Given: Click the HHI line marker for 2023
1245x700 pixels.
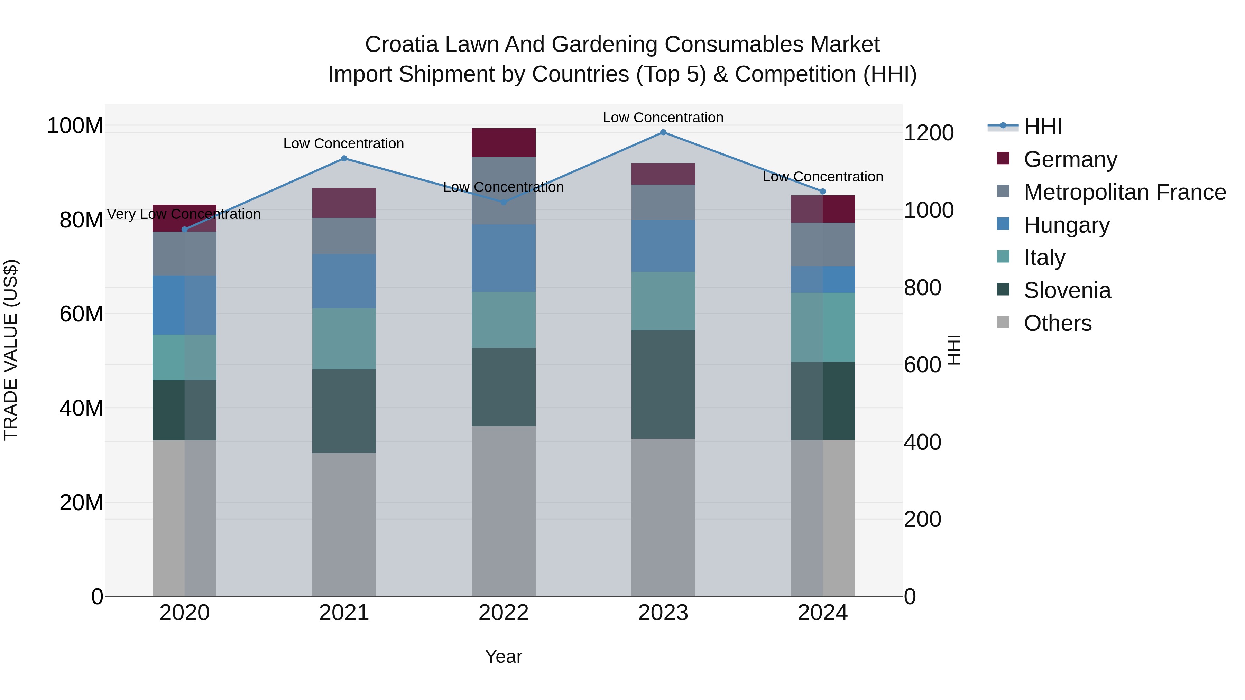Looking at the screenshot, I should tap(663, 132).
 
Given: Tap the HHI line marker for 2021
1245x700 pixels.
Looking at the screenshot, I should tap(344, 158).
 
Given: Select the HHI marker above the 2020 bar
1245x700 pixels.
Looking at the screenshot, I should tap(184, 230).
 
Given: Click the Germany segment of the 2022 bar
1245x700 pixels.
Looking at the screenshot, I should tap(504, 142).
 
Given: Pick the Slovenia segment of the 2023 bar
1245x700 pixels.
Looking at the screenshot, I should tap(663, 384).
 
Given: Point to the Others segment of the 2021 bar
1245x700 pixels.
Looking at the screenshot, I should tap(344, 524).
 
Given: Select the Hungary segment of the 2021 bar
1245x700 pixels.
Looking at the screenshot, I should tap(344, 281).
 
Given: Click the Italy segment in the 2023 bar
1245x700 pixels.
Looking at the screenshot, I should tap(663, 301).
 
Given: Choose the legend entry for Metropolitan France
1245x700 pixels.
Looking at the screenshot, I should tap(1124, 192).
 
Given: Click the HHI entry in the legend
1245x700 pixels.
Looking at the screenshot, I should tap(1042, 127).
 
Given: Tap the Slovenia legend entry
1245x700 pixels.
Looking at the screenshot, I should tap(1067, 290).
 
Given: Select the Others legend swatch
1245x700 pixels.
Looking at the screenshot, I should tap(1003, 322).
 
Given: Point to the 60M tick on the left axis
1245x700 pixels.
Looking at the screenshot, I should tap(81, 314).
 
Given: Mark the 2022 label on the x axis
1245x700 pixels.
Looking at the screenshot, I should tap(504, 613).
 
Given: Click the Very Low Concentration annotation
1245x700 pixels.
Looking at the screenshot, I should tap(184, 214).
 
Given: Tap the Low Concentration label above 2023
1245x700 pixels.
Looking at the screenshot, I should tap(663, 118).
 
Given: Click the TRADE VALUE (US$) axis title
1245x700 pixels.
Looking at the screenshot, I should tap(11, 350).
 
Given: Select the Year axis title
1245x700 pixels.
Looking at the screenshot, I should tap(504, 656).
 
